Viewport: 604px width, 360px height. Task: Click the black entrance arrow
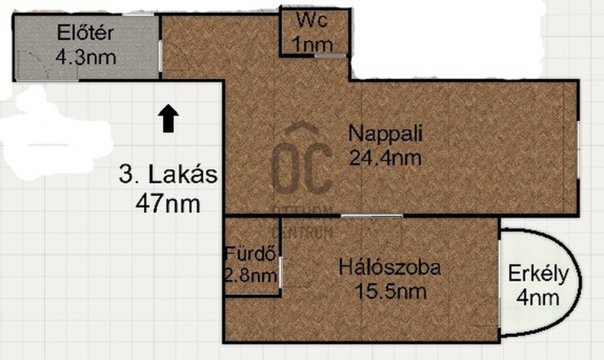(168, 118)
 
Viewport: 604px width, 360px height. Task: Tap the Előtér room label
(85, 32)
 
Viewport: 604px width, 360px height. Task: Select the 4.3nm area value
(86, 58)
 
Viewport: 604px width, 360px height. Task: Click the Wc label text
(312, 19)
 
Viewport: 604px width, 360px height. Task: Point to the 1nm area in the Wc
(312, 44)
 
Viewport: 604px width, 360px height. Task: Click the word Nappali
(385, 133)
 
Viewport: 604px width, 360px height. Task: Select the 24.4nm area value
(385, 158)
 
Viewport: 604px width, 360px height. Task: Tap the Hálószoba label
(389, 267)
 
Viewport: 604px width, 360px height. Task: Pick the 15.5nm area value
(390, 292)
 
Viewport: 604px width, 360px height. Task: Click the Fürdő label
(251, 253)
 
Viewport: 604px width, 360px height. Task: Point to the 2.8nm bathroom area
(251, 276)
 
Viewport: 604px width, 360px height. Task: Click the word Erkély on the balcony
(538, 274)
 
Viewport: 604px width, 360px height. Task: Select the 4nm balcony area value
(538, 298)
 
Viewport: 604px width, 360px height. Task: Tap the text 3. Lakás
(168, 174)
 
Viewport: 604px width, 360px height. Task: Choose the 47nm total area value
(168, 204)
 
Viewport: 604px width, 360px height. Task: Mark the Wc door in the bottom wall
(330, 56)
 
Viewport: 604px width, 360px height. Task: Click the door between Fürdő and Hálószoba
(281, 271)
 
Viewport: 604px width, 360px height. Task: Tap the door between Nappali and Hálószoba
(371, 216)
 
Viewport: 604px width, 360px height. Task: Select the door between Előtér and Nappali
(161, 56)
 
